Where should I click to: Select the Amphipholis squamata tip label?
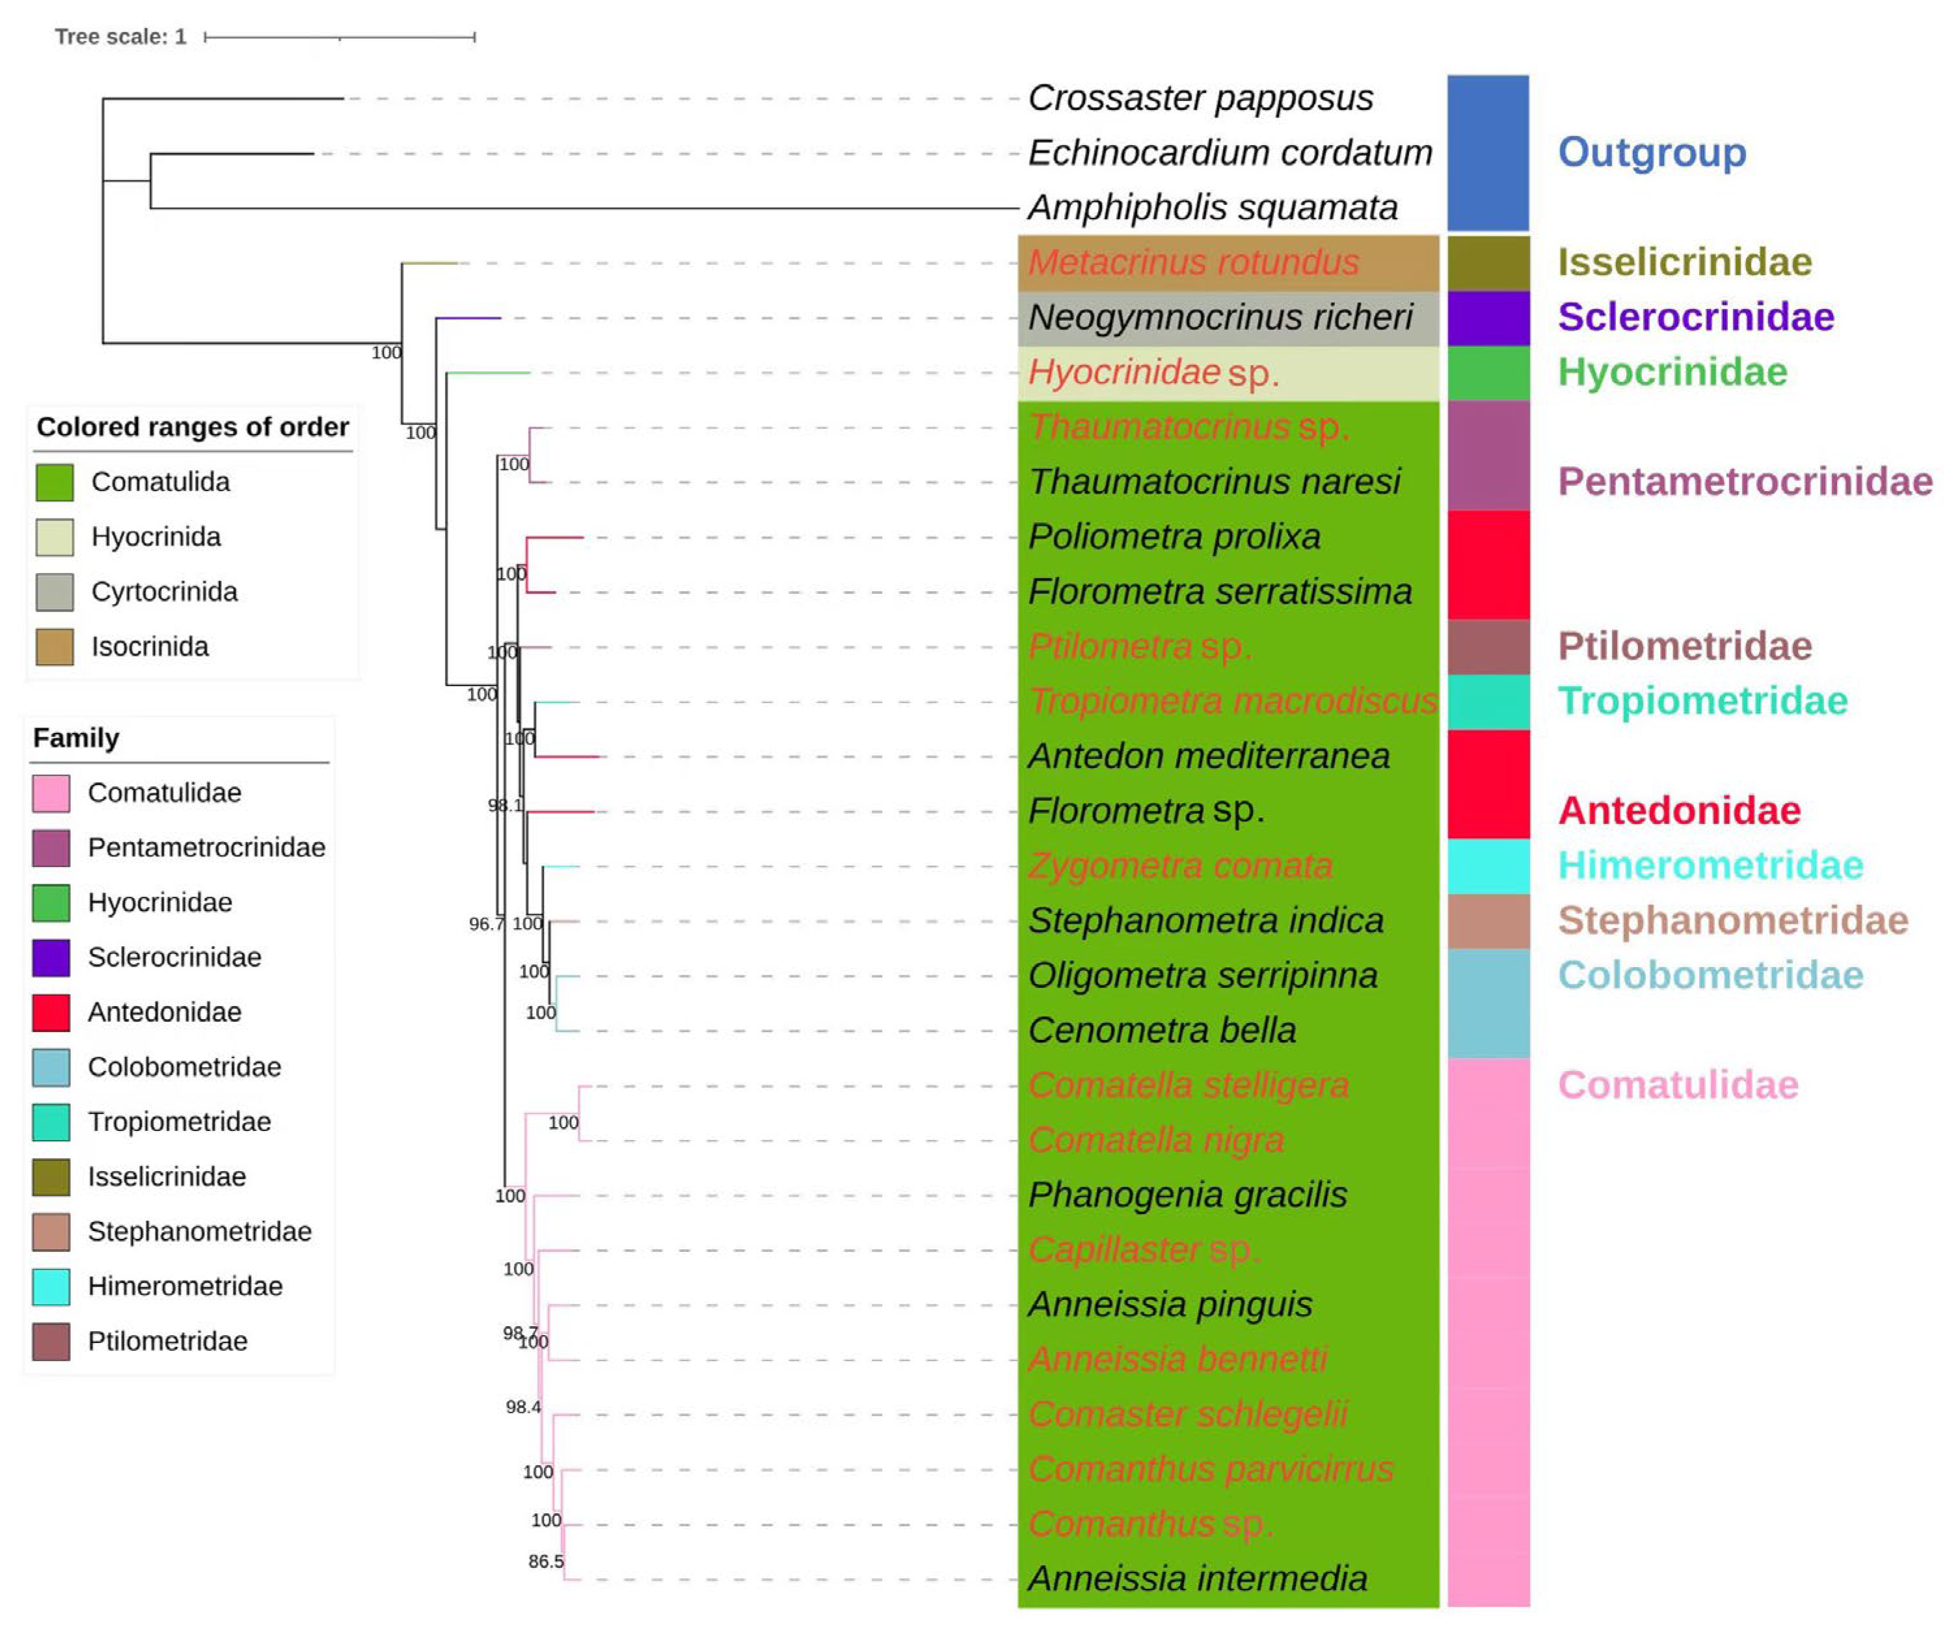coord(1212,207)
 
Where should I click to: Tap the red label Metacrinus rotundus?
coord(1193,262)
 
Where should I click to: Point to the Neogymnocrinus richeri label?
coord(1220,317)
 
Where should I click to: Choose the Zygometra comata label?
coord(1180,866)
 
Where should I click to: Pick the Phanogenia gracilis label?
coord(1188,1195)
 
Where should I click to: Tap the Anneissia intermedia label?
coord(1197,1578)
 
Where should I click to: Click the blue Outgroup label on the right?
coord(1651,152)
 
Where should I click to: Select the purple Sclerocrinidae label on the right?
coord(1696,317)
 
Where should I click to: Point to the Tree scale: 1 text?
coord(120,37)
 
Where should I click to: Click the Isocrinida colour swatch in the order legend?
coord(55,647)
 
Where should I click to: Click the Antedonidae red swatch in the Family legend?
coord(51,1012)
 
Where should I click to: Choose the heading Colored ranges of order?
coord(192,427)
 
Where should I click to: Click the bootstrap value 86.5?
coord(546,1561)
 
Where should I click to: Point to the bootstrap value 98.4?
coord(523,1407)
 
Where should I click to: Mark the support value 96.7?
coord(486,924)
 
